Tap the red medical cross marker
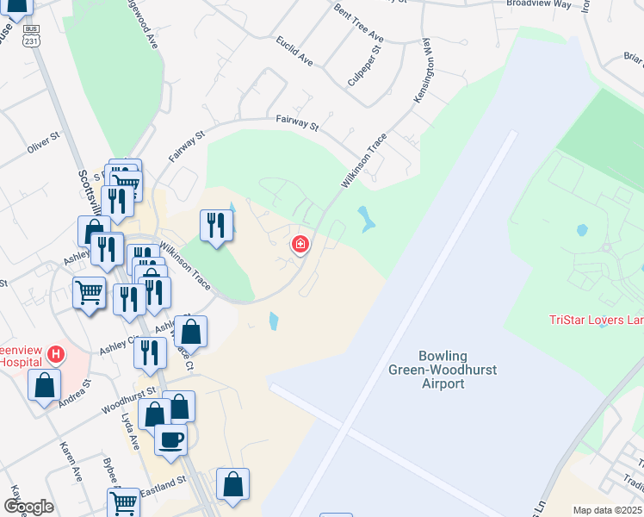coord(300,245)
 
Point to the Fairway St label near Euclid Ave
coord(296,123)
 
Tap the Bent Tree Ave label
coord(358,25)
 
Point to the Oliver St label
coord(43,143)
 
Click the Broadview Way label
coord(538,4)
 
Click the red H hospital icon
coord(56,353)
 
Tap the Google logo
coord(29,507)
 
